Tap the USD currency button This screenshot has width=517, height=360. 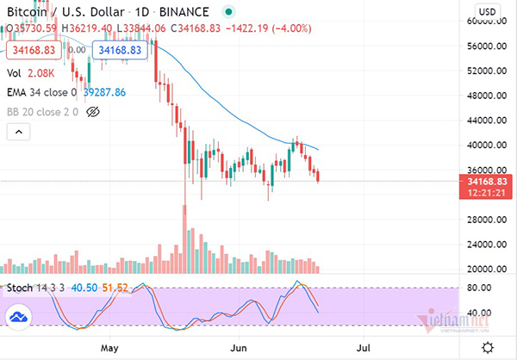487,11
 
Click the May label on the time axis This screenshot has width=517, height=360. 109,349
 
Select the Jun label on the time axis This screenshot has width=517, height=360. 238,349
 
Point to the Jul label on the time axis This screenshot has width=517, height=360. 364,349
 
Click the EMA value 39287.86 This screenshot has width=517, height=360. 104,92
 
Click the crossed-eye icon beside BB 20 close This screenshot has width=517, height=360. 94,111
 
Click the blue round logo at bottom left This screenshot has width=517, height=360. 18,319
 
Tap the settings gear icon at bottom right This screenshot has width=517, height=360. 489,348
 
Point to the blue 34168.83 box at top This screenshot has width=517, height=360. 120,51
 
